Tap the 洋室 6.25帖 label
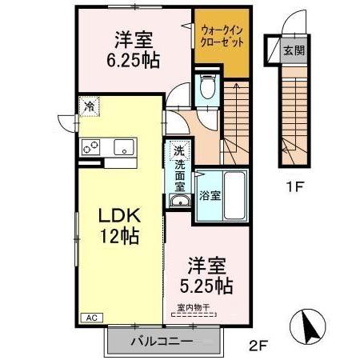tap(133, 48)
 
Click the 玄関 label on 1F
tap(293, 50)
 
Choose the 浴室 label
tap(210, 194)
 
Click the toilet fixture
tap(206, 86)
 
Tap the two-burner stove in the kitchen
tap(90, 146)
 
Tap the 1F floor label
tap(293, 189)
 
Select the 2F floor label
tap(255, 346)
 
